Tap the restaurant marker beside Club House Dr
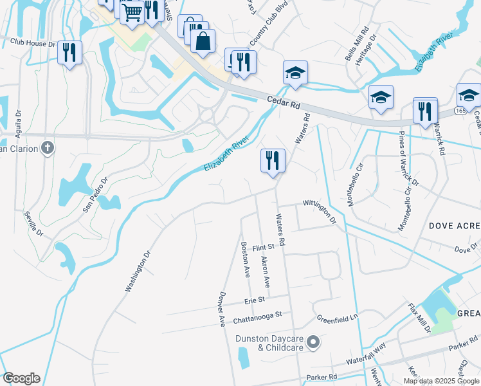(x=69, y=52)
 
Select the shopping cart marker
(x=132, y=13)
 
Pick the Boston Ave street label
(x=245, y=259)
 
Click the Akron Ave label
(x=264, y=272)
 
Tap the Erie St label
(x=255, y=300)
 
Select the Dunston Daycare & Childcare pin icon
(x=313, y=342)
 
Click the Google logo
(x=21, y=378)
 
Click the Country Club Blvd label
(x=266, y=28)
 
